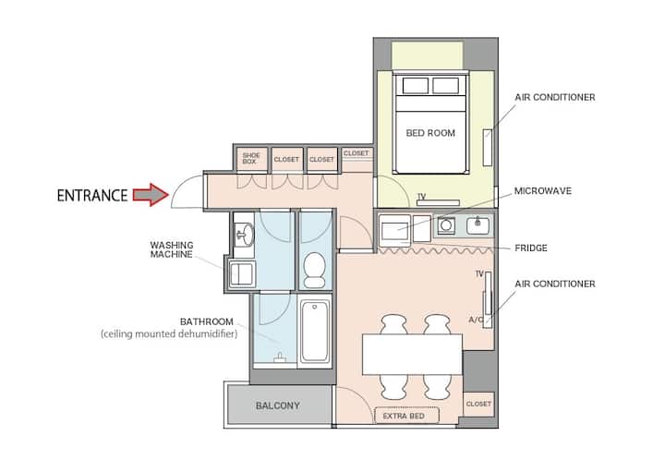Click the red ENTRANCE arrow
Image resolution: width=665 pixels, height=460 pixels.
[x=151, y=195]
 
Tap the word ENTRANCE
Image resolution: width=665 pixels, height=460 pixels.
[x=92, y=196]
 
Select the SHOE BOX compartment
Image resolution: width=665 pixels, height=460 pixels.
[x=251, y=159]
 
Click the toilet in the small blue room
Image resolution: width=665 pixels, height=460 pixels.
[x=314, y=270]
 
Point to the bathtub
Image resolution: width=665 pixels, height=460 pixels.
[x=314, y=331]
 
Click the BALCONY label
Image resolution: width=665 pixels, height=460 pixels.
[x=278, y=406]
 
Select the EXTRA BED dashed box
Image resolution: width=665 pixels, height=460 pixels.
[x=406, y=416]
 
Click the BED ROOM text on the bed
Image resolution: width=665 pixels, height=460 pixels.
[x=430, y=133]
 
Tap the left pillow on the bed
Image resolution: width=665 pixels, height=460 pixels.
[x=416, y=86]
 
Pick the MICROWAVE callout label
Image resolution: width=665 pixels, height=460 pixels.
[x=543, y=191]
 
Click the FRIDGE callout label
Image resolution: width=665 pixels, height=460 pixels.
[x=531, y=248]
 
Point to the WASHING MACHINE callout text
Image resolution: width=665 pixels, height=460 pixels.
[x=172, y=249]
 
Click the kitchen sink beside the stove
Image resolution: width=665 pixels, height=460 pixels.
[x=478, y=225]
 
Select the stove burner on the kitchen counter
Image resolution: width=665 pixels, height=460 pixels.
[x=446, y=225]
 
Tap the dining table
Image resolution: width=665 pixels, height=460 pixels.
[x=412, y=355]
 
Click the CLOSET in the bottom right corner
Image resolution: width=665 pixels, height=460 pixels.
[x=478, y=404]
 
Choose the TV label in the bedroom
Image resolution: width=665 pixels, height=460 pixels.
[x=421, y=197]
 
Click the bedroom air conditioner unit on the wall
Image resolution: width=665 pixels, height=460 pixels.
[x=488, y=147]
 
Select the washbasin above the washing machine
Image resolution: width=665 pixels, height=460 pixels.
[x=244, y=234]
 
